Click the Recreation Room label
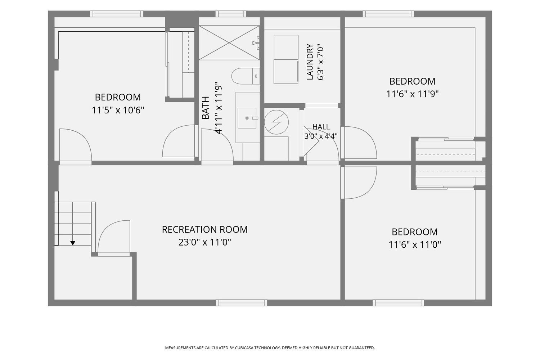pyautogui.click(x=205, y=230)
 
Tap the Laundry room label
pyautogui.click(x=310, y=62)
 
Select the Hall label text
pyautogui.click(x=321, y=127)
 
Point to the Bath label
pyautogui.click(x=206, y=108)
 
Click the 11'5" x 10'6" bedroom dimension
pyautogui.click(x=118, y=111)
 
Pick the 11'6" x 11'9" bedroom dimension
pyautogui.click(x=412, y=94)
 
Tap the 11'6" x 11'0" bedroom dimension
pyautogui.click(x=415, y=245)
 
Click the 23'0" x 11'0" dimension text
pyautogui.click(x=205, y=242)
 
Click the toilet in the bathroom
pyautogui.click(x=246, y=76)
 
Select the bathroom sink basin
pyautogui.click(x=247, y=118)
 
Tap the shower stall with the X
pyautogui.click(x=229, y=43)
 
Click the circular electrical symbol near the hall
pyautogui.click(x=276, y=122)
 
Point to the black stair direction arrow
pyautogui.click(x=73, y=243)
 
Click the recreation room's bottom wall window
pyautogui.click(x=241, y=303)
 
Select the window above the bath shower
pyautogui.click(x=231, y=14)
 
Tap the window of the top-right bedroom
pyautogui.click(x=388, y=14)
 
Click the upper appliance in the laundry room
pyautogui.click(x=286, y=47)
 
